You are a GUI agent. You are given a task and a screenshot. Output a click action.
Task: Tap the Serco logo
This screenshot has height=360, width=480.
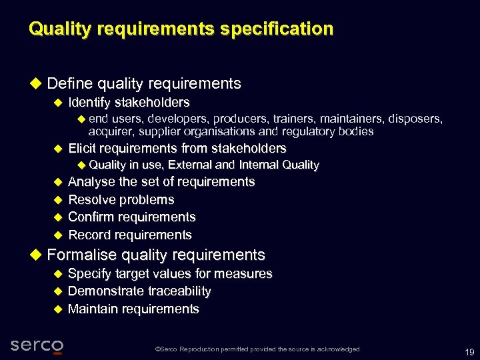click(x=37, y=345)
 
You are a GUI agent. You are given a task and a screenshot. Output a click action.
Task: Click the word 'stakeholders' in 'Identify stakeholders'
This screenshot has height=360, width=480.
click(x=152, y=103)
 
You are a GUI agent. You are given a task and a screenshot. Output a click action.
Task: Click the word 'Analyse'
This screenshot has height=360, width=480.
click(x=92, y=182)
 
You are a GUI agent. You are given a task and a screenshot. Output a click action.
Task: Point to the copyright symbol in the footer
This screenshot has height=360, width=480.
click(x=157, y=349)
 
